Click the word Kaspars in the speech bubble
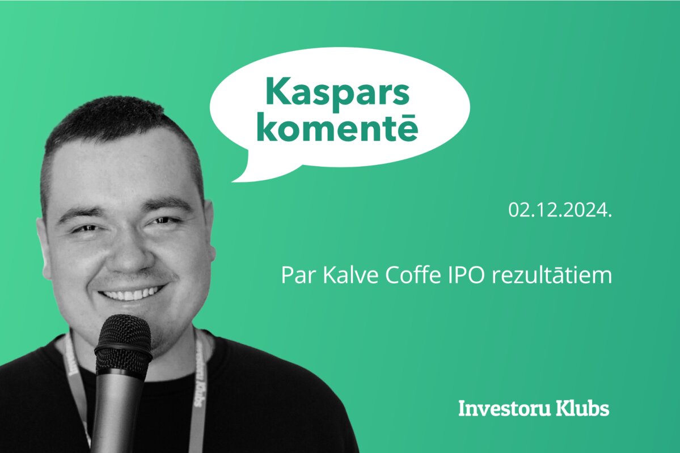click(337, 92)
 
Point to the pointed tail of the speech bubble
click(234, 180)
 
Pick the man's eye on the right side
click(163, 221)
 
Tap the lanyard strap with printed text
click(200, 390)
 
